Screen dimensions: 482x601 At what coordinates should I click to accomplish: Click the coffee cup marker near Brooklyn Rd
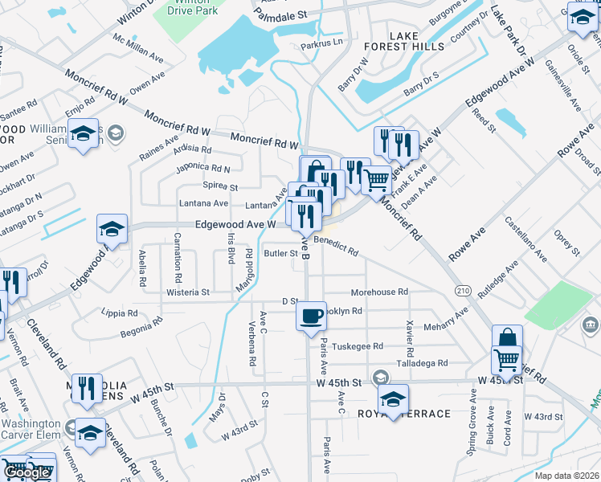pyautogui.click(x=311, y=317)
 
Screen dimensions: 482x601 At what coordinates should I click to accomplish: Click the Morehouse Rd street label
pyautogui.click(x=380, y=292)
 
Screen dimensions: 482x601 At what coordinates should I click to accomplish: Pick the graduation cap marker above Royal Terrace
pyautogui.click(x=393, y=399)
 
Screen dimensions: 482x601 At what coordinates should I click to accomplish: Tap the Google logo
pyautogui.click(x=28, y=472)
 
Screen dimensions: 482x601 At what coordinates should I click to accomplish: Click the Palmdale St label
pyautogui.click(x=280, y=14)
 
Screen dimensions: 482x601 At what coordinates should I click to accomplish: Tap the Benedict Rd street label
pyautogui.click(x=336, y=245)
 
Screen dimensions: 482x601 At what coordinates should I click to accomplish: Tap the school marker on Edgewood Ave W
pyautogui.click(x=112, y=230)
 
